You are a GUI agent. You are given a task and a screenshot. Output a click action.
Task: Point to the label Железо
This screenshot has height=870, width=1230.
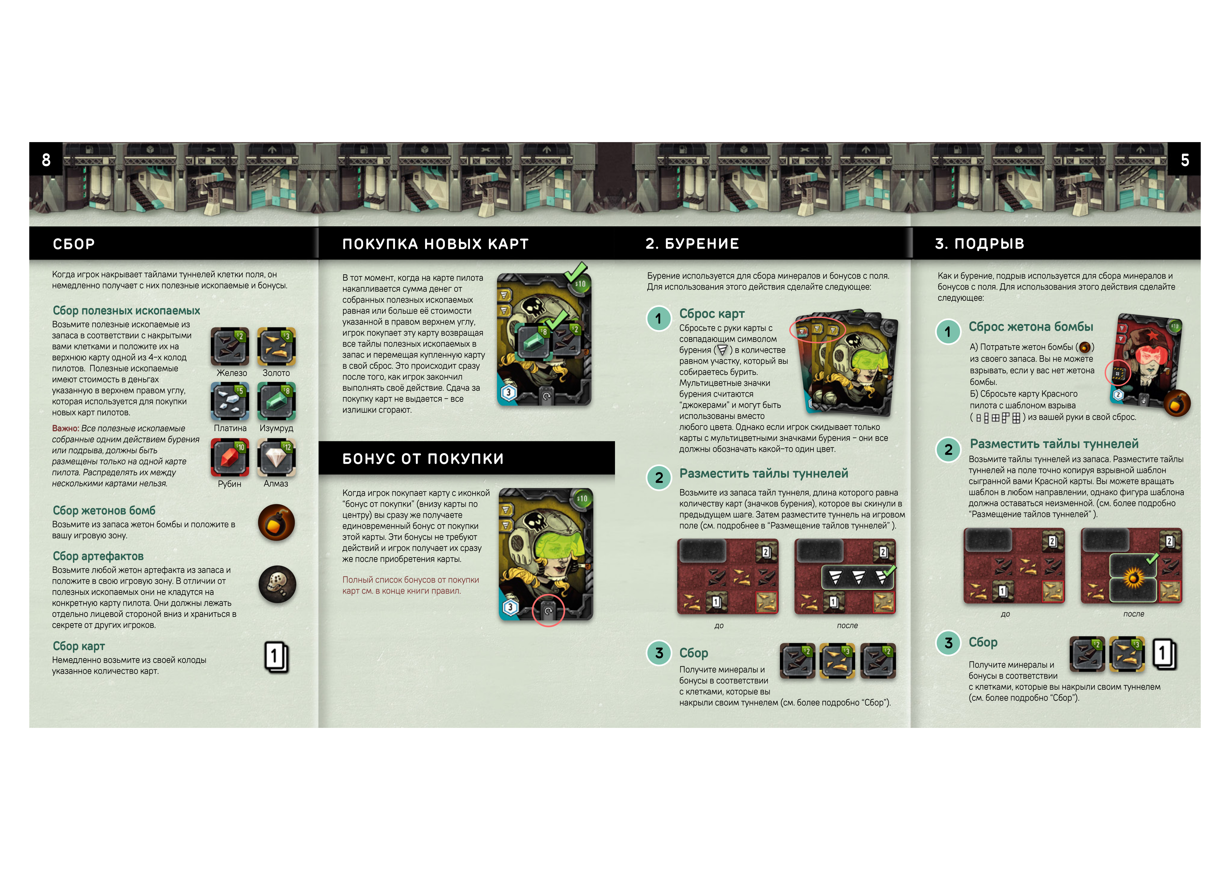click(232, 373)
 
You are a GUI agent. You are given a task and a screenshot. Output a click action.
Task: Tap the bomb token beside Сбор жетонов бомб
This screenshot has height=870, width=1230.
click(277, 522)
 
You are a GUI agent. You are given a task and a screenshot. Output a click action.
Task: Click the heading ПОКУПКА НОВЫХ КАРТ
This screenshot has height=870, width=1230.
click(435, 244)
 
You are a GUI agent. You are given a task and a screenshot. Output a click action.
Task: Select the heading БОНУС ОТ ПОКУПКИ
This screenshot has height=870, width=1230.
click(423, 459)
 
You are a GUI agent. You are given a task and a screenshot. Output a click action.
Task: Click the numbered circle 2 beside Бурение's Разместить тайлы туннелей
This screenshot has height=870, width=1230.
click(659, 478)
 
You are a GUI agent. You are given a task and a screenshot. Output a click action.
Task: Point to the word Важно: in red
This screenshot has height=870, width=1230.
click(65, 429)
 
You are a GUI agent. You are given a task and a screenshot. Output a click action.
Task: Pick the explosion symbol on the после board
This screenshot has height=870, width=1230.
click(1133, 578)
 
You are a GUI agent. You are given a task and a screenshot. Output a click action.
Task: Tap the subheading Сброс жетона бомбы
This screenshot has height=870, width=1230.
click(1031, 327)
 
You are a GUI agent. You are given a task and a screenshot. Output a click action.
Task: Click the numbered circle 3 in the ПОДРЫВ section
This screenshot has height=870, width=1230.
click(948, 643)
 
